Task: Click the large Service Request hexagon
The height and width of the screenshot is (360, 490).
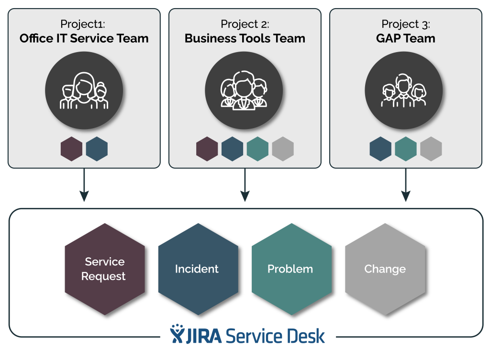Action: point(104,269)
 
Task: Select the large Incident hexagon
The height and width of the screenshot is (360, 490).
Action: point(198,269)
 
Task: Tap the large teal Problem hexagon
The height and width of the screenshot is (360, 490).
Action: point(291,269)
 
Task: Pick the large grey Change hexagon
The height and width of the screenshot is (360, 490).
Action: point(385,269)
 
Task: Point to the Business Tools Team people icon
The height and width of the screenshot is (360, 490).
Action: point(244,91)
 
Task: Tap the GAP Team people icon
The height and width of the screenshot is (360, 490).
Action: point(404,91)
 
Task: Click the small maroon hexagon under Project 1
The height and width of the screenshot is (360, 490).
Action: point(72,149)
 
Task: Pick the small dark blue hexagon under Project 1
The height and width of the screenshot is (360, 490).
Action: point(97,149)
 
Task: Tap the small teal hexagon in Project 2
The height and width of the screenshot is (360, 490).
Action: point(257,149)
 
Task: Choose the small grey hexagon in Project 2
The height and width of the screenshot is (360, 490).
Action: point(283,149)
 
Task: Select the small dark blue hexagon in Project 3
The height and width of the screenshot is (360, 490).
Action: point(380,149)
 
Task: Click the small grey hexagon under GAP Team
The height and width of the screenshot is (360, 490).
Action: point(431,149)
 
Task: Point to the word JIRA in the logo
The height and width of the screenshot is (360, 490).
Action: point(203,335)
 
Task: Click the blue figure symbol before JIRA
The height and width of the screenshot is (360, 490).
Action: point(177,334)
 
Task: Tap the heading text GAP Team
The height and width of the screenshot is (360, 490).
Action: point(405,38)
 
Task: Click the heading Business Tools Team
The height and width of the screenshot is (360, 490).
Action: point(245,38)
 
